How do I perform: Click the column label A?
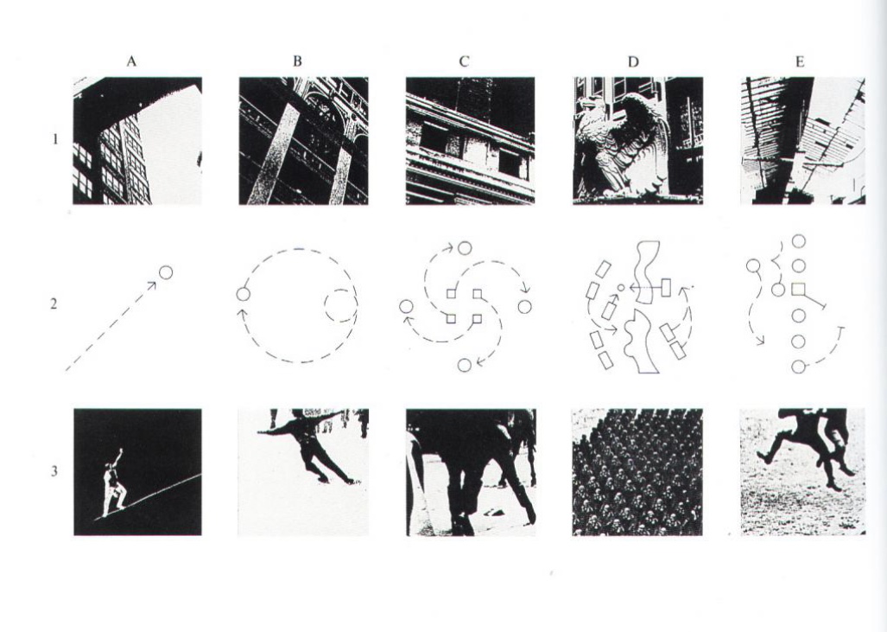click(131, 61)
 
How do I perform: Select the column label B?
click(298, 61)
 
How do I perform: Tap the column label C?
click(464, 61)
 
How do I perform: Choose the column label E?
click(799, 61)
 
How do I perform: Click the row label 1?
click(55, 138)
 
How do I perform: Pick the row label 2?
click(54, 304)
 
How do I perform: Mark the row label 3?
click(54, 470)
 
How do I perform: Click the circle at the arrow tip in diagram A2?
click(165, 272)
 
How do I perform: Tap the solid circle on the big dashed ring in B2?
click(243, 295)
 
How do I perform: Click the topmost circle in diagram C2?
click(465, 248)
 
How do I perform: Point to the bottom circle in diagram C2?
click(465, 365)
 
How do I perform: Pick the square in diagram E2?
click(798, 290)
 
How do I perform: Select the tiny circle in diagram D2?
click(621, 288)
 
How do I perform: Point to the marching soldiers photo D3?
click(637, 472)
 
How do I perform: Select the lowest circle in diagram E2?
click(798, 367)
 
